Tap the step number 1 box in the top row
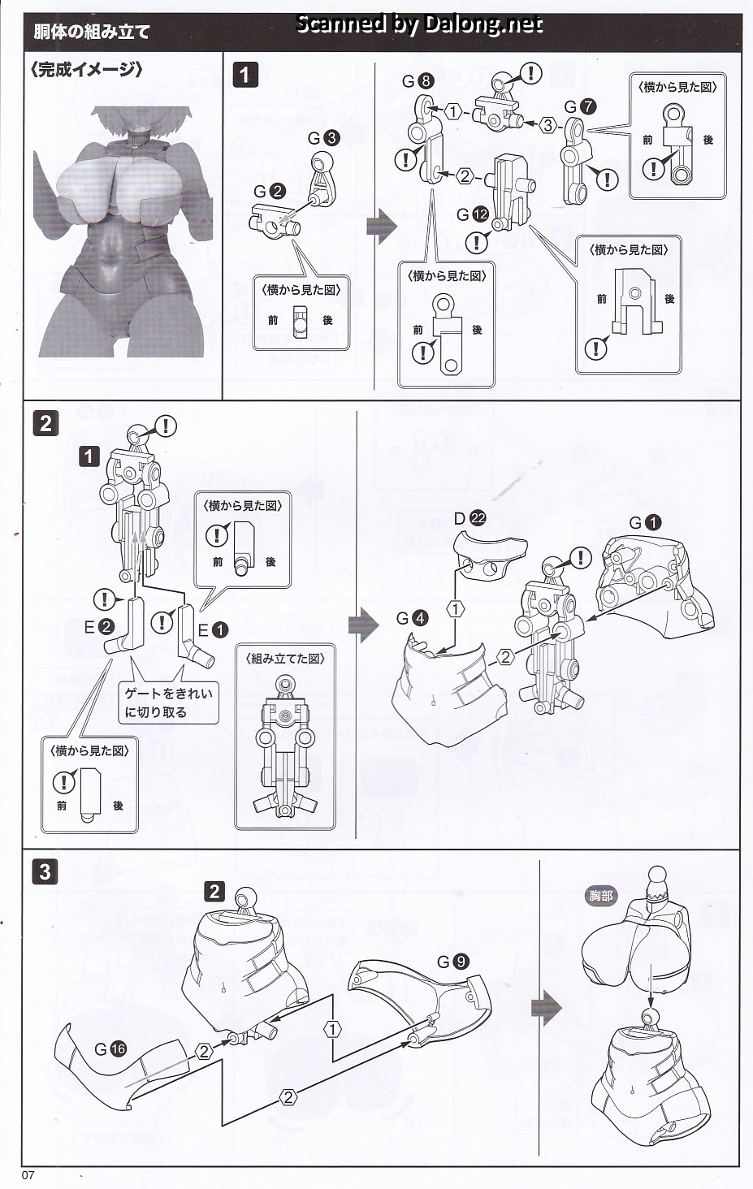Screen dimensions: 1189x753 245,75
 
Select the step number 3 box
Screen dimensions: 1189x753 44,871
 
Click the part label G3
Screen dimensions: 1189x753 324,138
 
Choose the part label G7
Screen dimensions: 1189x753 580,106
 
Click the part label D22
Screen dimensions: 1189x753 470,518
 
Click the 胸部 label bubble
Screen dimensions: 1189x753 601,897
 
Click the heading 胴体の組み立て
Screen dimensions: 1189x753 92,32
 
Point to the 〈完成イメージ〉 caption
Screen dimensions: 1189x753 86,70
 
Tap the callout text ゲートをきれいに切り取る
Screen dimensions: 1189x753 167,703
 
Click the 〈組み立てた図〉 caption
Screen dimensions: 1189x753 284,659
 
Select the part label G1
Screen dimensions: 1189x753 646,523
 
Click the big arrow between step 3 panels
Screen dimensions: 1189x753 546,1008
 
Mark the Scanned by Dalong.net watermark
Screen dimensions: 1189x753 419,24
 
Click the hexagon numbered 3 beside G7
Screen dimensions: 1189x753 548,125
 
